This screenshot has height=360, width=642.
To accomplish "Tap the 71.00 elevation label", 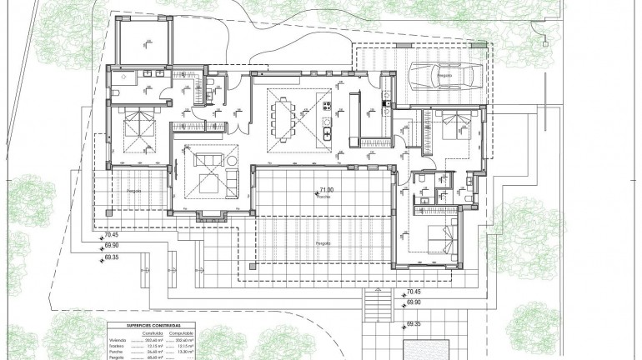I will pyautogui.click(x=325, y=191).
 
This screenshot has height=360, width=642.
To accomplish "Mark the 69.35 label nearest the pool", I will pyautogui.click(x=414, y=323).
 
